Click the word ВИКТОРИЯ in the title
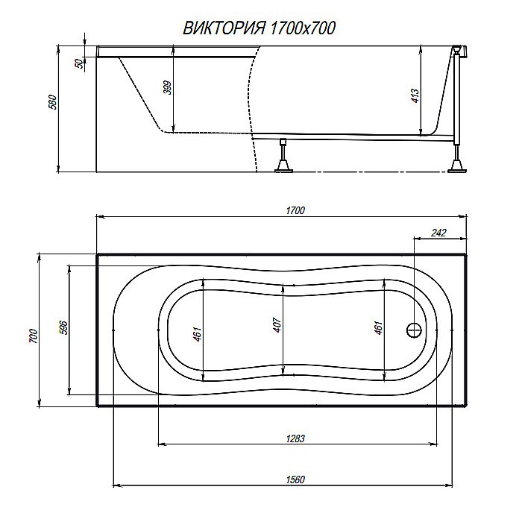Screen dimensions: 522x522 (220, 28)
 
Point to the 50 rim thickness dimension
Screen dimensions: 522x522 (78, 64)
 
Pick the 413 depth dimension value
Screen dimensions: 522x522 (415, 96)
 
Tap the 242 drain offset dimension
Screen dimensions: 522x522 (438, 233)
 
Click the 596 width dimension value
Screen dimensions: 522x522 (63, 327)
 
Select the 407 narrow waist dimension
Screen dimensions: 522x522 (277, 326)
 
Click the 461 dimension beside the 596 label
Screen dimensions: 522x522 (197, 335)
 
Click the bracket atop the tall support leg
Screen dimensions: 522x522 (457, 51)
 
